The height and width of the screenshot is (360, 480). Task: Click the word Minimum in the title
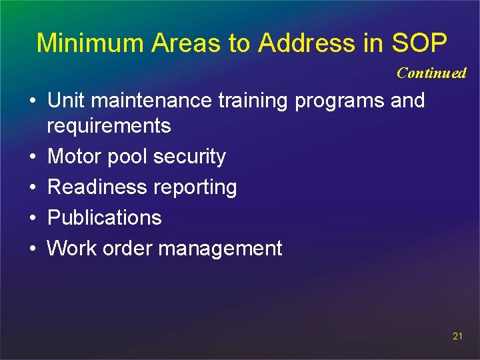(x=90, y=43)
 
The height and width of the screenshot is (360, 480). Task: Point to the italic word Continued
(x=431, y=73)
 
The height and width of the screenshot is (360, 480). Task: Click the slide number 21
(x=457, y=336)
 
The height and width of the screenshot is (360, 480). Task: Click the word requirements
(x=109, y=126)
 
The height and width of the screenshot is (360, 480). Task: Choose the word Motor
(x=74, y=157)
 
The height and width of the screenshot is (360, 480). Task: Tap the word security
(x=189, y=157)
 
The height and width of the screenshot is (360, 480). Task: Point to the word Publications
(x=104, y=218)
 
